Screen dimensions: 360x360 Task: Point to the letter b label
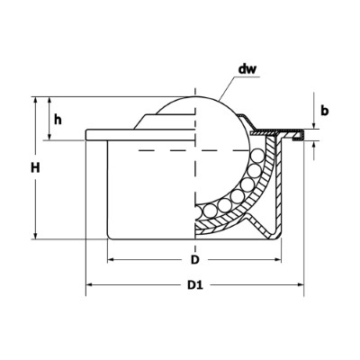pos(325,112)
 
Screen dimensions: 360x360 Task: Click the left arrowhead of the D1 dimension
pos(90,289)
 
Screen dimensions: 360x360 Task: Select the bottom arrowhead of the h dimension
pos(49,137)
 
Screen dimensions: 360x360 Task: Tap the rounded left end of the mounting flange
pos(87,136)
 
